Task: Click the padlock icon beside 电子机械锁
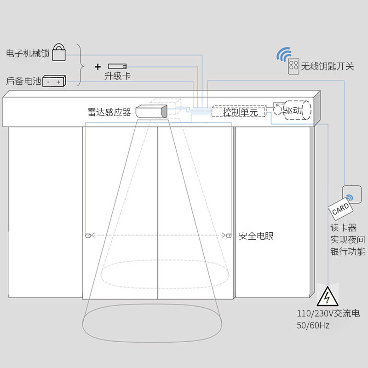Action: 59,52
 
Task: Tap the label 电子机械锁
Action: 28,53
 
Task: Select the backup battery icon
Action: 54,81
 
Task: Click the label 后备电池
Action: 23,81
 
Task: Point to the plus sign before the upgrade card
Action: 98,67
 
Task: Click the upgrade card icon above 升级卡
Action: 117,66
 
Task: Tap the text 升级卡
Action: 117,76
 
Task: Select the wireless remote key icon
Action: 293,67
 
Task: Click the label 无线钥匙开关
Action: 328,67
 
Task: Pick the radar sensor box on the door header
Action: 151,111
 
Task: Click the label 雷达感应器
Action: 109,112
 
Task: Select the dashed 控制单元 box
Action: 239,112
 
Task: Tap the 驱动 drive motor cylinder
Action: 296,110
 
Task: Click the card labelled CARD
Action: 341,210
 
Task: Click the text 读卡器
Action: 344,228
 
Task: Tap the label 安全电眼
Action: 256,236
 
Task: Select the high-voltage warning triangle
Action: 327,297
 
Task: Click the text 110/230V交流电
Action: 328,314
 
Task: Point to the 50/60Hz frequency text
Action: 313,325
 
